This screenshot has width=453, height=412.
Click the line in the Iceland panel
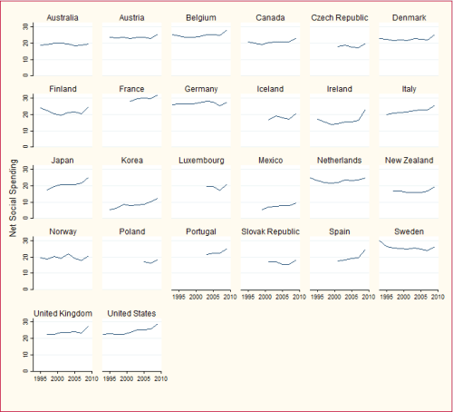click(x=278, y=118)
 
